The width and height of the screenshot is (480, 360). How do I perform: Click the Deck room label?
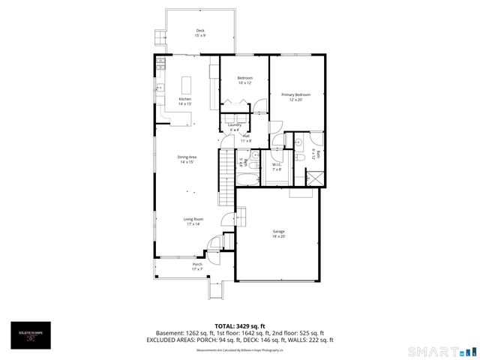click(200, 32)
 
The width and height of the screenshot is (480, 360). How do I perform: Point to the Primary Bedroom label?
click(295, 95)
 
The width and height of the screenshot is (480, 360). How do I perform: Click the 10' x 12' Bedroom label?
click(245, 80)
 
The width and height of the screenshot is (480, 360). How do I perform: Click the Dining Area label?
click(187, 159)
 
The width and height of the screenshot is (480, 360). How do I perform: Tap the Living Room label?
click(193, 220)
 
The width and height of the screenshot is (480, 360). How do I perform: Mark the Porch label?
click(197, 265)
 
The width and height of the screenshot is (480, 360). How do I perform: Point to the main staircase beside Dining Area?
click(226, 178)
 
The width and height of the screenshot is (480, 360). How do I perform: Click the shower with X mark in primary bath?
click(316, 178)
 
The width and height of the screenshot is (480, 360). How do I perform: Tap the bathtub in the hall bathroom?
click(247, 178)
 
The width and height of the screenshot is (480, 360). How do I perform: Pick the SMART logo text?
click(431, 351)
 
